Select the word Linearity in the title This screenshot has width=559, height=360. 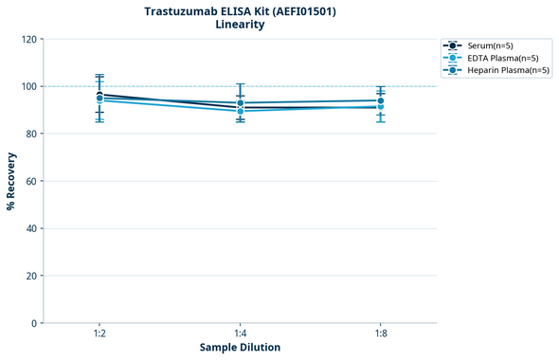click(240, 25)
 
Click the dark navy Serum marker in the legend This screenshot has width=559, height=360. click(453, 45)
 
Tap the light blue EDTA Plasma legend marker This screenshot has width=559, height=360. click(453, 58)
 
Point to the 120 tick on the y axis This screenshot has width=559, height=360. click(28, 39)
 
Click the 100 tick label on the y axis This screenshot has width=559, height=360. click(28, 86)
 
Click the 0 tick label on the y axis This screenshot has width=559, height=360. click(34, 323)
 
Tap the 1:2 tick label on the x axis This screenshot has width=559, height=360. click(99, 334)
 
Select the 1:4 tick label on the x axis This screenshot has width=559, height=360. click(240, 334)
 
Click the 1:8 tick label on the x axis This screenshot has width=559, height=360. click(380, 334)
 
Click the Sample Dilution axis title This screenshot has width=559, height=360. click(240, 348)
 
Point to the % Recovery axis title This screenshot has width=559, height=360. click(11, 180)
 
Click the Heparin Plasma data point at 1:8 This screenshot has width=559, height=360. click(380, 100)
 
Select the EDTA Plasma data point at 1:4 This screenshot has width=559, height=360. click(240, 111)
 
